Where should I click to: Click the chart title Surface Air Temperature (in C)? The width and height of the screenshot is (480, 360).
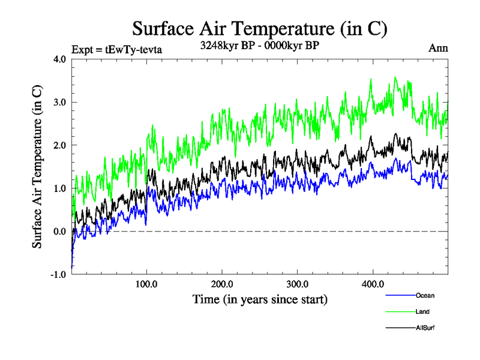(259, 28)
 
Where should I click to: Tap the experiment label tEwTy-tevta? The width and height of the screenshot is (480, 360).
(116, 49)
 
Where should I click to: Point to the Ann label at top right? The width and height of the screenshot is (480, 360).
(438, 48)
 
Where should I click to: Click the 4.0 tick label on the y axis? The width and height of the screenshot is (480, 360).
(60, 59)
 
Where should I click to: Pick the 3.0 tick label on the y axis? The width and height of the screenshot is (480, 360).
(60, 102)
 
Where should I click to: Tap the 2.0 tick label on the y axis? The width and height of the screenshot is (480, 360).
(60, 145)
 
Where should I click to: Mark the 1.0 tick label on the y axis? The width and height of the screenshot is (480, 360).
(60, 188)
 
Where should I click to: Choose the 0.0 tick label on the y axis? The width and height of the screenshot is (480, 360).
(60, 232)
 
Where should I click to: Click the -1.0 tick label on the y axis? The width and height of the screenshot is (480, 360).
(59, 275)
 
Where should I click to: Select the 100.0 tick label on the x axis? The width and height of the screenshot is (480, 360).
(147, 284)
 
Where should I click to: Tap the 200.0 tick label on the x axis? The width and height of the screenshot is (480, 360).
(223, 284)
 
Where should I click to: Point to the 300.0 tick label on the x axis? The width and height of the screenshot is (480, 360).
(298, 284)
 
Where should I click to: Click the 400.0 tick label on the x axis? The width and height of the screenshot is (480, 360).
(373, 284)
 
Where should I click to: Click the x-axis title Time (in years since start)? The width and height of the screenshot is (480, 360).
(260, 298)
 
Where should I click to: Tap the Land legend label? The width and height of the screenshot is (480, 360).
(422, 311)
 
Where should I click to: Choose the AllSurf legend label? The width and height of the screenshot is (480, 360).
(425, 328)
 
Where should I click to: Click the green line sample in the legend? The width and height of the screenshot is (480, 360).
(400, 311)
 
